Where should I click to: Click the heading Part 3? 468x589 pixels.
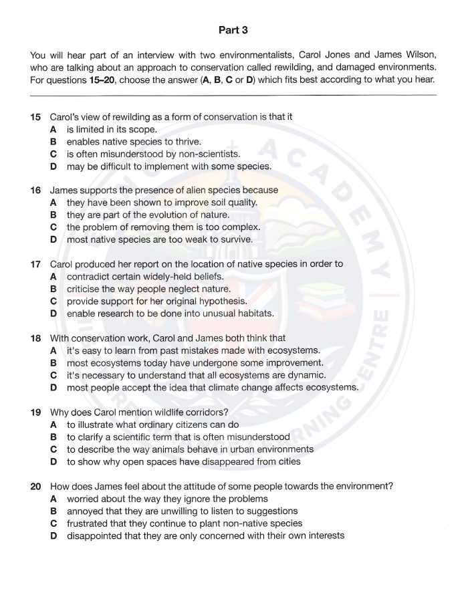click(x=233, y=30)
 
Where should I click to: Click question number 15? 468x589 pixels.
click(x=36, y=117)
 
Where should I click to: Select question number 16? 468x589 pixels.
click(x=36, y=191)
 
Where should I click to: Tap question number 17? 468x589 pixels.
click(x=36, y=264)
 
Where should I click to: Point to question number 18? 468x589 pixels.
click(x=36, y=338)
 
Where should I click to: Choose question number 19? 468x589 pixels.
click(x=36, y=412)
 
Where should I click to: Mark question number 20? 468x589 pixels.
click(x=36, y=486)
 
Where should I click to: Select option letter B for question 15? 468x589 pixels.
click(x=53, y=142)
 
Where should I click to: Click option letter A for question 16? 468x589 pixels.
click(x=53, y=203)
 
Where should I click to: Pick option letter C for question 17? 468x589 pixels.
click(x=53, y=301)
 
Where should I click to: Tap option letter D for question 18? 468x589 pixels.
click(x=53, y=387)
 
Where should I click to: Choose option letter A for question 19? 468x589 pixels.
click(x=53, y=425)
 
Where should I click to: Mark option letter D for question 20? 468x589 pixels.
click(x=53, y=535)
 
